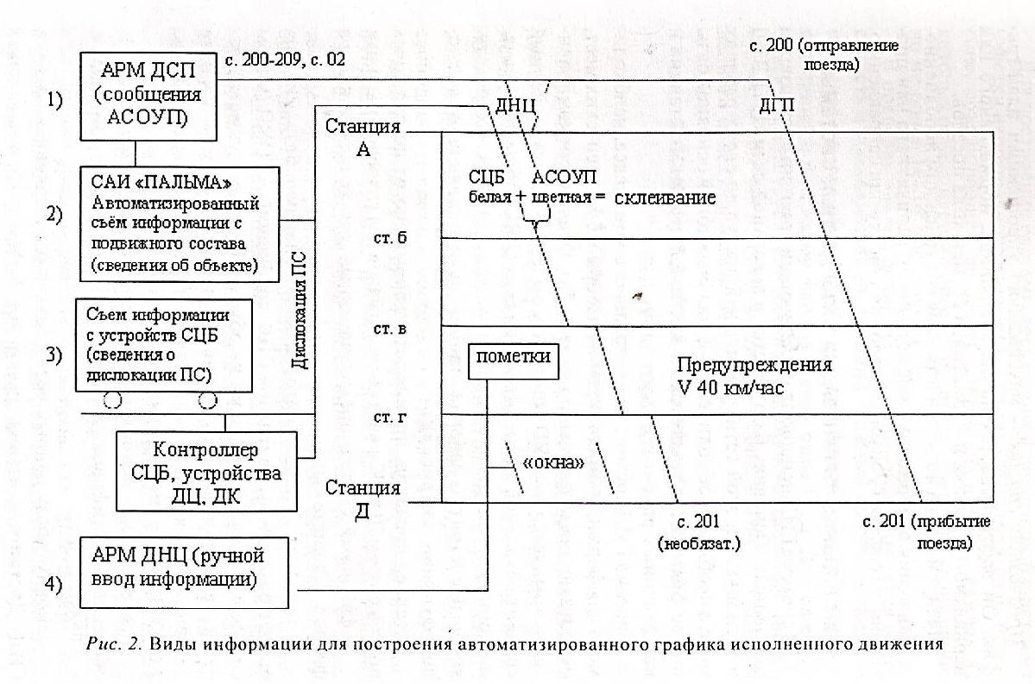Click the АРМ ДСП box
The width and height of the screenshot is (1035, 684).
point(148,95)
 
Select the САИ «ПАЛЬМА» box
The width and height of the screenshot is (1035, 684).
point(180,223)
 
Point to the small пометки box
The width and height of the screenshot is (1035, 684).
point(513,361)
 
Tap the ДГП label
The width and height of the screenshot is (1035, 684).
point(776,105)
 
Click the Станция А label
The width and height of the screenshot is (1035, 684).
point(363,137)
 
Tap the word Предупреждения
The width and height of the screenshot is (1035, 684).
point(754,364)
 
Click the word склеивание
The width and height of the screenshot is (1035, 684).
point(665,198)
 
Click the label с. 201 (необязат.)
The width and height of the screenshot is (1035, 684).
point(698,532)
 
